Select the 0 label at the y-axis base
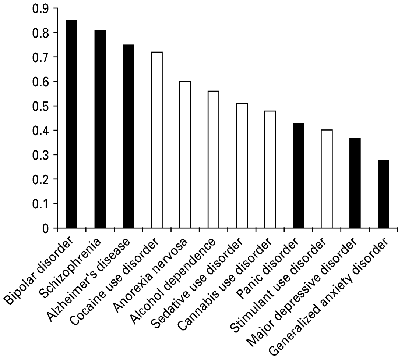(45, 228)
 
